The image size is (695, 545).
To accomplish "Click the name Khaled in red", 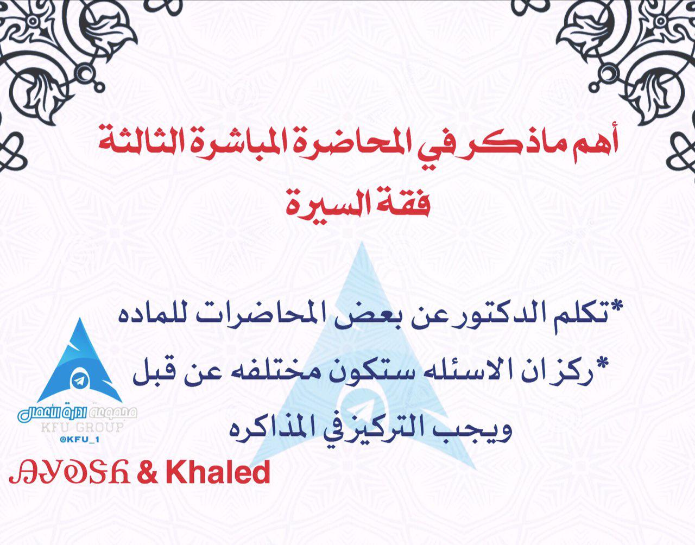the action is point(218,472).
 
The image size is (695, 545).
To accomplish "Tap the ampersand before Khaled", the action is point(147,472).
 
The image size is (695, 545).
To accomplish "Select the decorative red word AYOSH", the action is point(69,472).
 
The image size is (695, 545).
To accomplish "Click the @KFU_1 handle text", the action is point(79,440).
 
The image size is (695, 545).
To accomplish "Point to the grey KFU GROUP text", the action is point(82,427).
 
